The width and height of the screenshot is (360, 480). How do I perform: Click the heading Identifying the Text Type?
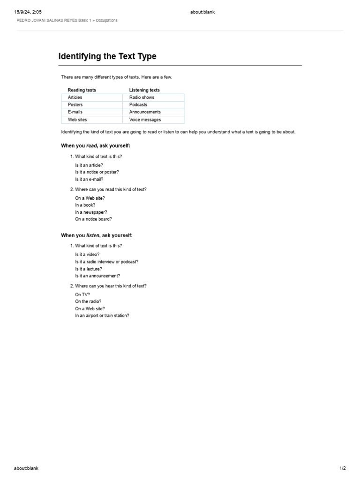point(107,56)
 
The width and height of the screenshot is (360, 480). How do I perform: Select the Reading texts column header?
point(82,90)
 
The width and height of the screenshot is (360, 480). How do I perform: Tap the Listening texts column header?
point(144,90)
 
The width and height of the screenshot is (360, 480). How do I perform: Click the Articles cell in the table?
point(75,97)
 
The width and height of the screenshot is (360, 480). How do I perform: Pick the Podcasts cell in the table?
point(138,105)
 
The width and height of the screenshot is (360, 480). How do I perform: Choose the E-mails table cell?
point(75,112)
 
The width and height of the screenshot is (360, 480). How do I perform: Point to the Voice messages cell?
point(145,120)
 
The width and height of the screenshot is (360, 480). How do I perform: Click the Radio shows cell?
point(142,97)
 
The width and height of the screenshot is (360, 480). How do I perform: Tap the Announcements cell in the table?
point(145,112)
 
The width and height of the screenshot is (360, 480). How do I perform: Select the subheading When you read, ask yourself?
point(96,146)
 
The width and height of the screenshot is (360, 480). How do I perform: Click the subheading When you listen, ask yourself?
point(97,235)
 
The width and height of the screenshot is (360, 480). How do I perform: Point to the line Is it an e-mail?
point(89,179)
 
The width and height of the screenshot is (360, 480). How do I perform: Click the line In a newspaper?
point(91,212)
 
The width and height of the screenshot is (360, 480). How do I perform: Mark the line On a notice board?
point(93,219)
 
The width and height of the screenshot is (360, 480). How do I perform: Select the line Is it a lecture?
point(88,269)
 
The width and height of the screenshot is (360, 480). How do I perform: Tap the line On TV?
point(82,294)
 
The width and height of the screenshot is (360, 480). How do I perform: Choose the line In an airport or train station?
point(102,315)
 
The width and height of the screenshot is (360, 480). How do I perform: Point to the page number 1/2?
point(343,468)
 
